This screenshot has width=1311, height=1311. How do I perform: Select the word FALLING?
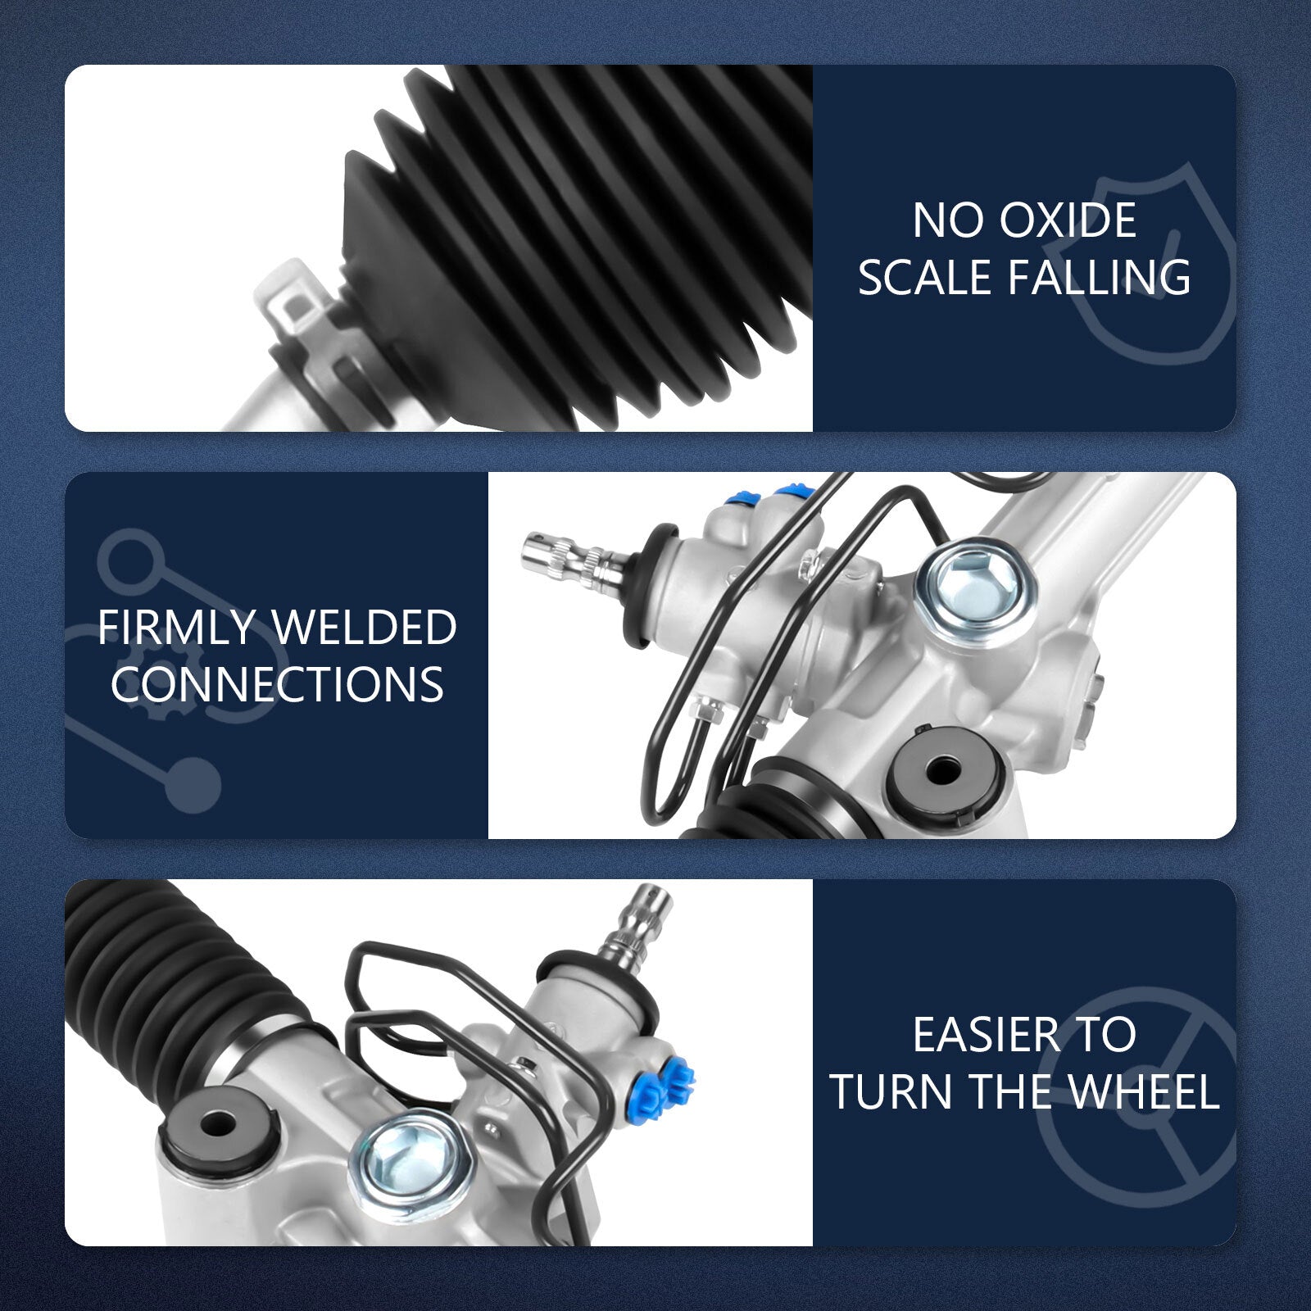1100,277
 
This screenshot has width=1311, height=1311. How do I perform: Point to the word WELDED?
365,628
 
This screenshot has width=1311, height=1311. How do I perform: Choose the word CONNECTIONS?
277,684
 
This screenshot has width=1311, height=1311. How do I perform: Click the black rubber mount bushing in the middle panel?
942,770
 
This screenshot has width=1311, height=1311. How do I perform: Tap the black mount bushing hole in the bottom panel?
215,1123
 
